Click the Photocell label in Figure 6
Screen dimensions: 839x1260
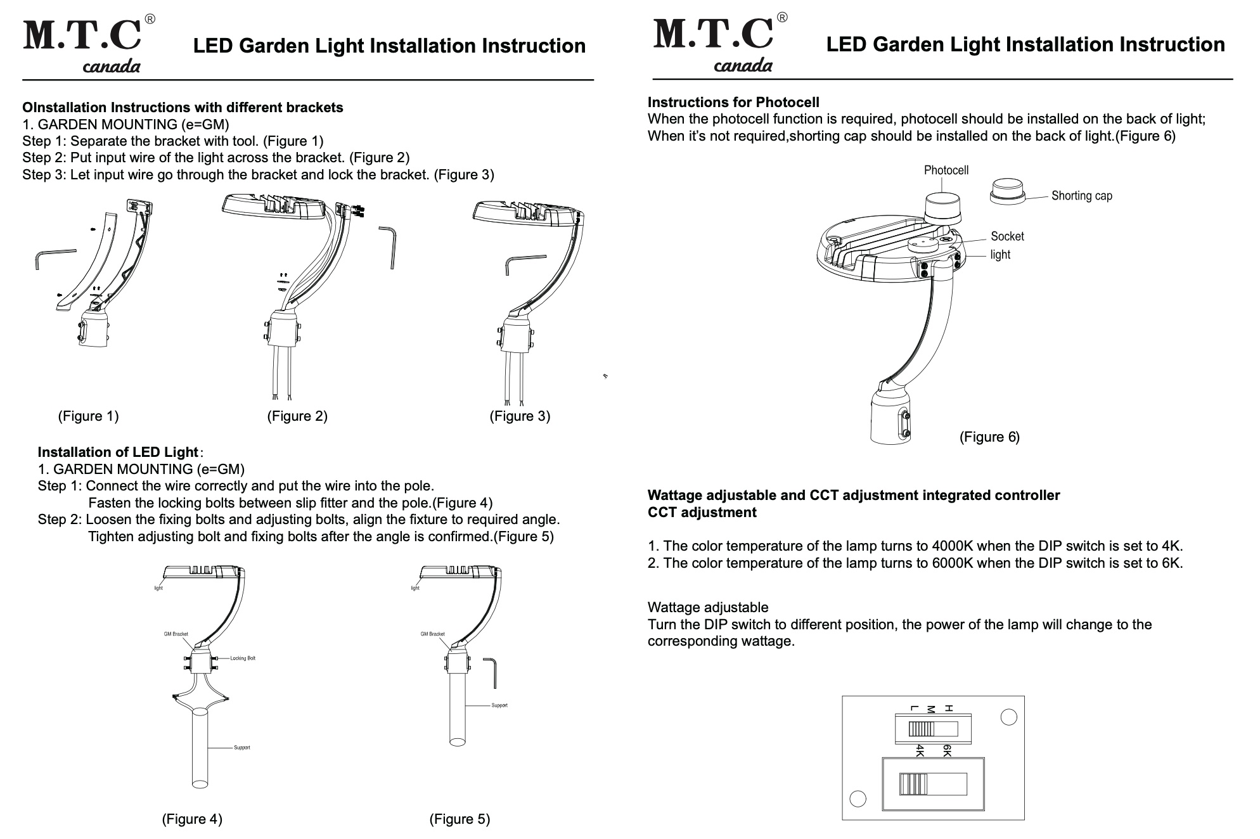coord(946,170)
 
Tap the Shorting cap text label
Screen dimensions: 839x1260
coord(1081,196)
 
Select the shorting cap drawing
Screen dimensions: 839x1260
coord(1008,191)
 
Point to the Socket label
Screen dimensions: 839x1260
coord(1007,236)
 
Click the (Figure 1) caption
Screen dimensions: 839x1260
coord(88,416)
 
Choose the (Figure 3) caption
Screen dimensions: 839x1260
coord(520,416)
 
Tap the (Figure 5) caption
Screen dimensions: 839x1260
coord(460,819)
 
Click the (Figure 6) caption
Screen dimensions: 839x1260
coord(989,437)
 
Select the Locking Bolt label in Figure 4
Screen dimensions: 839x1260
coord(243,658)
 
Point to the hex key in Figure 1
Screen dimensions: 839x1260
coord(55,257)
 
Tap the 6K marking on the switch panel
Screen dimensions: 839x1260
coord(947,751)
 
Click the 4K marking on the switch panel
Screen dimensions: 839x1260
coord(920,751)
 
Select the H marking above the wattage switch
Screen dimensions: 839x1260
coord(948,708)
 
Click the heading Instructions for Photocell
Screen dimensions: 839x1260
coord(733,103)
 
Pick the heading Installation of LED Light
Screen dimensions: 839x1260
coord(118,452)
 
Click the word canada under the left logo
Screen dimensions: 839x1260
coord(112,67)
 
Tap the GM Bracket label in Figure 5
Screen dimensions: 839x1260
coord(433,634)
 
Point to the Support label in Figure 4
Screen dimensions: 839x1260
coord(241,748)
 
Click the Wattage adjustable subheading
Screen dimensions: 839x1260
coord(708,608)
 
